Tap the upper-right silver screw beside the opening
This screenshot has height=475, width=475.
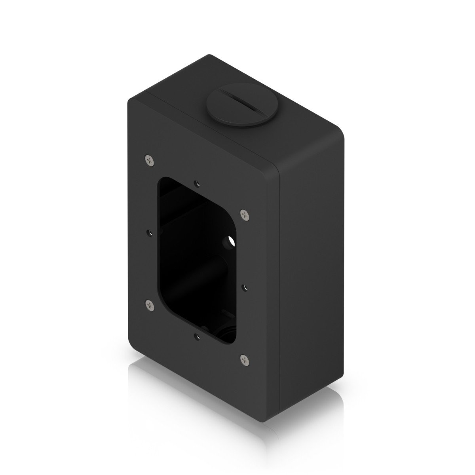(244, 215)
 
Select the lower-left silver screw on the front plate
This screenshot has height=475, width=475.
(149, 304)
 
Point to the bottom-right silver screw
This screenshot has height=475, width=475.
(244, 359)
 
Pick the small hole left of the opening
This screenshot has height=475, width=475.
(150, 232)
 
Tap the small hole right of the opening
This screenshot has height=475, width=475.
(244, 287)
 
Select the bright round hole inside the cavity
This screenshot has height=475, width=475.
(230, 241)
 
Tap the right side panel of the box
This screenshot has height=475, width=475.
(313, 257)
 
